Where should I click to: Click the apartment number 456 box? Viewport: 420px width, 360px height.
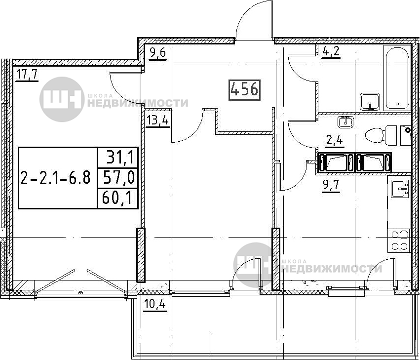245,90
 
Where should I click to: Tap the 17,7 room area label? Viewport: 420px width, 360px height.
27,75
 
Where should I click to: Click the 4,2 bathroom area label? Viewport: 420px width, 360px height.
331,51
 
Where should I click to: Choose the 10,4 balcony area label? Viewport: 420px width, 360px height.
155,305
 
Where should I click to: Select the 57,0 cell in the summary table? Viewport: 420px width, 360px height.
118,178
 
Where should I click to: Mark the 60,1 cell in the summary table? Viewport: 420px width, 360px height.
117,199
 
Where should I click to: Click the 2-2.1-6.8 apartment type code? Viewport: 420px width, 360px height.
55,178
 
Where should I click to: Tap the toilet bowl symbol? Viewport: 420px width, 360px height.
381,135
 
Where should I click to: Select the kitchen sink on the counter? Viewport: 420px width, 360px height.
400,189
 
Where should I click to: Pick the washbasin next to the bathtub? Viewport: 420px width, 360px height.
370,102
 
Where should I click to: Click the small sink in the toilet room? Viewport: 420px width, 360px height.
346,122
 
